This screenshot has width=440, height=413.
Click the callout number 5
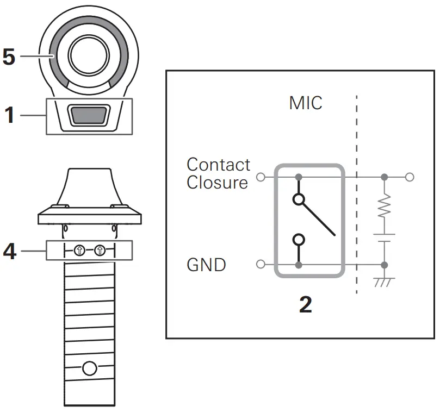(x=9, y=57)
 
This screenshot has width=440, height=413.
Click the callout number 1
(x=9, y=115)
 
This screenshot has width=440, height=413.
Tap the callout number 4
(x=9, y=251)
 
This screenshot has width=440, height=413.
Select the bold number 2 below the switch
(x=306, y=305)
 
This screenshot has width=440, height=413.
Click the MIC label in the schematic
(x=306, y=102)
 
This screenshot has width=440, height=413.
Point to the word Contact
(x=218, y=164)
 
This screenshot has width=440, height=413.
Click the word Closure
(x=217, y=183)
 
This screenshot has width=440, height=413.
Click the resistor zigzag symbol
(x=385, y=206)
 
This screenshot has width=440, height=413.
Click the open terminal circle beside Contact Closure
(x=261, y=177)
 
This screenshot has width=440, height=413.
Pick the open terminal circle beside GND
(x=261, y=265)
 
